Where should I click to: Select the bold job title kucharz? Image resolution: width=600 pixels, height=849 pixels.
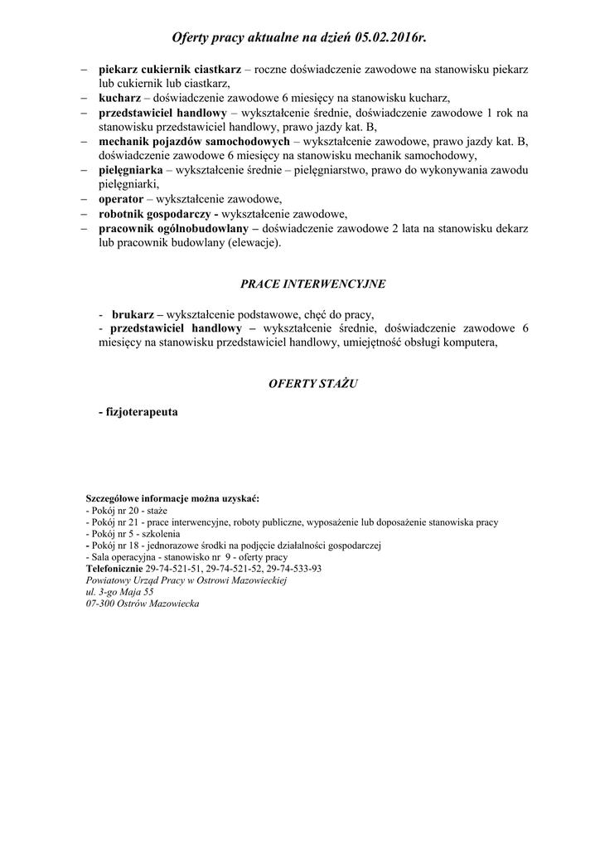(119, 97)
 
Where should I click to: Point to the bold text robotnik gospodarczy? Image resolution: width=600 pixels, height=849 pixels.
(152, 213)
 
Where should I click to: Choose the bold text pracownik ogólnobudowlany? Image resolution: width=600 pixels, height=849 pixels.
(172, 228)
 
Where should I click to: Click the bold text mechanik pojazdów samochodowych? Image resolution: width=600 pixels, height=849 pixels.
(194, 142)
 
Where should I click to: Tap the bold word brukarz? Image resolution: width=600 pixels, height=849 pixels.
(133, 315)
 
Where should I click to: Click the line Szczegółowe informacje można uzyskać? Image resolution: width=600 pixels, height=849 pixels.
(172, 499)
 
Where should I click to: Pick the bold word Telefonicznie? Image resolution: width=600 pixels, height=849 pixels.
(114, 569)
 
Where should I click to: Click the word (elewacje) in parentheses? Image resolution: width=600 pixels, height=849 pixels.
(252, 243)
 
